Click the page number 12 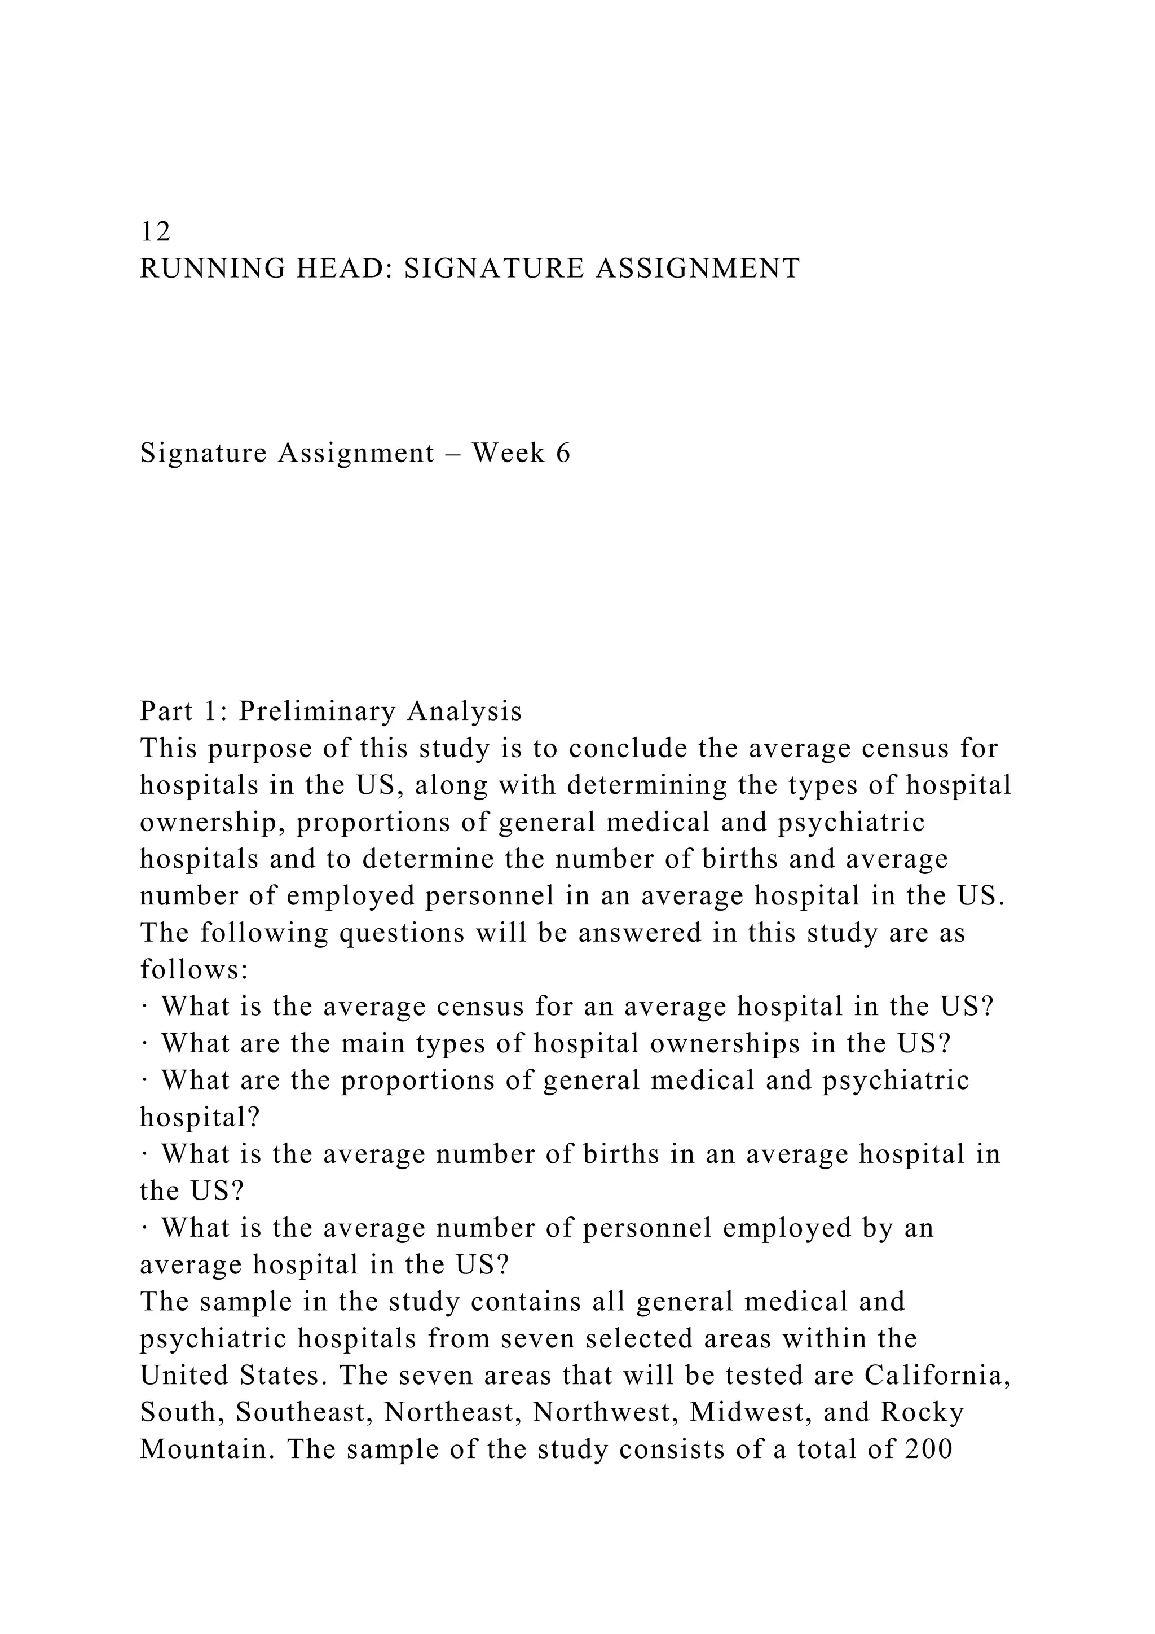155,231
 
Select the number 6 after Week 563,453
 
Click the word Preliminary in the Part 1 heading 317,711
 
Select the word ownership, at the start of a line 212,822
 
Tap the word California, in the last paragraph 937,1376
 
